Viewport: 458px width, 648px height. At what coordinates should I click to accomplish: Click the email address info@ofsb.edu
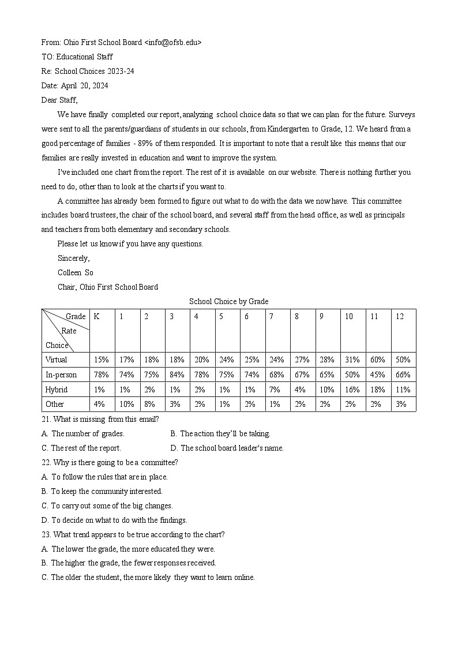pyautogui.click(x=173, y=42)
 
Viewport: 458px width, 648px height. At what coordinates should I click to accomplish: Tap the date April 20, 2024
pyautogui.click(x=83, y=85)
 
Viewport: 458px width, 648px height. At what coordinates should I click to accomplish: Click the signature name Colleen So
pyautogui.click(x=75, y=272)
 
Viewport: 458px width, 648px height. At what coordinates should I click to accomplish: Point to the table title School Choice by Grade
pyautogui.click(x=228, y=301)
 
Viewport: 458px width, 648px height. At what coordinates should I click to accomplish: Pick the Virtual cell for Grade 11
pyautogui.click(x=377, y=359)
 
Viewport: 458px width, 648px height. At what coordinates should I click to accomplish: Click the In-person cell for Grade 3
pyautogui.click(x=177, y=375)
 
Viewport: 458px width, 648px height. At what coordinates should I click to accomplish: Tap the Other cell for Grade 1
pyautogui.click(x=127, y=404)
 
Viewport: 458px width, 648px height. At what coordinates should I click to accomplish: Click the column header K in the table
pyautogui.click(x=97, y=316)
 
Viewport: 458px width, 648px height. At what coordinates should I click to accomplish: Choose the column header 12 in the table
pyautogui.click(x=400, y=316)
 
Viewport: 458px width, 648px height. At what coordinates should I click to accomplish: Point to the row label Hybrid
pyautogui.click(x=57, y=389)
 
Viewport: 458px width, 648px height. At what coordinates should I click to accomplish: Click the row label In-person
pyautogui.click(x=61, y=375)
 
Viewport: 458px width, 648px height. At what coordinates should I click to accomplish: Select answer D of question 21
pyautogui.click(x=227, y=448)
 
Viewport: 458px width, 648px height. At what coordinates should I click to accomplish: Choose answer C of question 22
pyautogui.click(x=107, y=505)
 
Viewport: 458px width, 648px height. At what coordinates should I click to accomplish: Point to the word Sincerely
pyautogui.click(x=74, y=258)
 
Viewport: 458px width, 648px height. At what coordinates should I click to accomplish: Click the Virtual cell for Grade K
pyautogui.click(x=101, y=359)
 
